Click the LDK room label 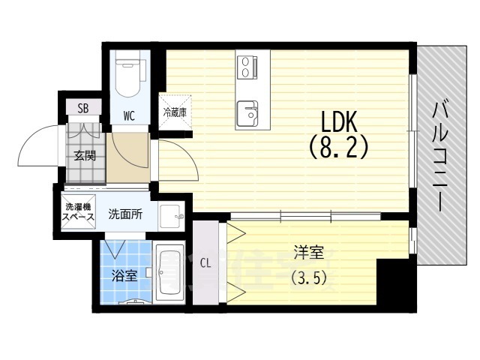(x=338, y=122)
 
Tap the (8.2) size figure (x=338, y=148)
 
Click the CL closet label (x=206, y=262)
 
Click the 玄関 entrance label (x=84, y=156)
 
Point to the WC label (x=129, y=115)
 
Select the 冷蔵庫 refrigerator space (x=175, y=112)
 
